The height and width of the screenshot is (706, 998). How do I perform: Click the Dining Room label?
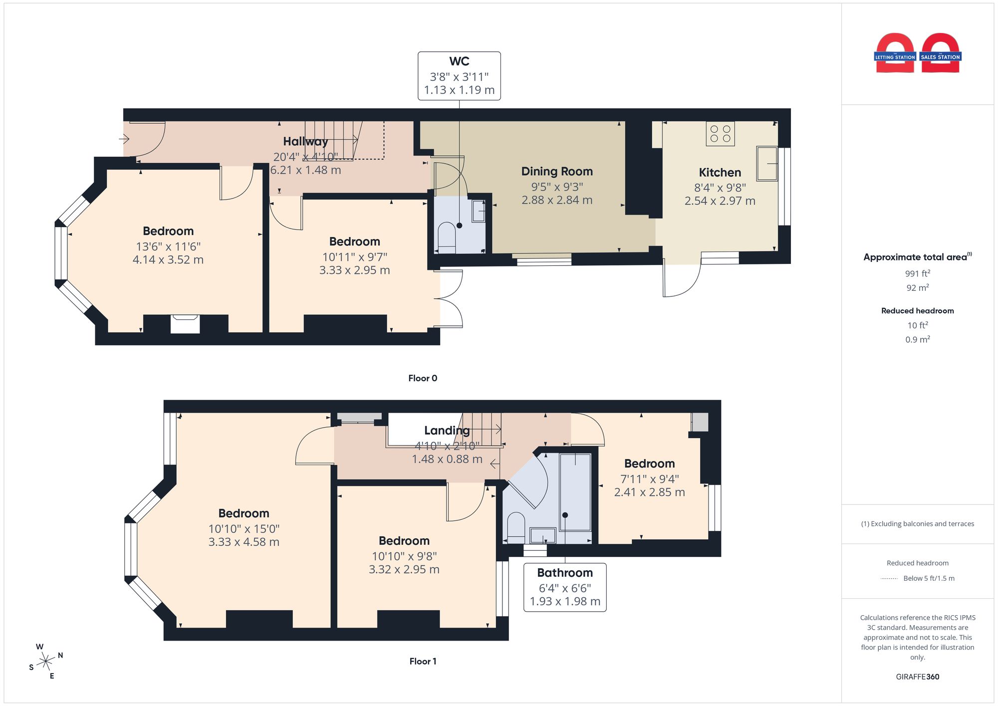coord(557,171)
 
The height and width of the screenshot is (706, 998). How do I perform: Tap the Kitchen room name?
coord(720,173)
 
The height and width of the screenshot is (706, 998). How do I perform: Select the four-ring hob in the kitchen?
coord(720,134)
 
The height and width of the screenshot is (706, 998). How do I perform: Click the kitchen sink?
coord(766,163)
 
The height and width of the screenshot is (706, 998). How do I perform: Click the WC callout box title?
coord(459,61)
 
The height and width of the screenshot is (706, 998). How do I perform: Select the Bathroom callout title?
coord(565,573)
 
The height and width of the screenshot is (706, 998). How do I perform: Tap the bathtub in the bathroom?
coord(575,491)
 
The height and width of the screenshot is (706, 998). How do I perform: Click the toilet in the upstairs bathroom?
coord(516,527)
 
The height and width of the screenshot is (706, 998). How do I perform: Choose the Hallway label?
coord(305,142)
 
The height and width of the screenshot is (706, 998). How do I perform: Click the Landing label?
coord(447,431)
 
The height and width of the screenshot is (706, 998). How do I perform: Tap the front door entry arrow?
coord(124,139)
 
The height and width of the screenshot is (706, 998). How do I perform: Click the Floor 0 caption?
coord(423,378)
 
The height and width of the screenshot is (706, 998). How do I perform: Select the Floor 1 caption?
coord(423,662)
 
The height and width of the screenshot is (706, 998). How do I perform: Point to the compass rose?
coord(46,662)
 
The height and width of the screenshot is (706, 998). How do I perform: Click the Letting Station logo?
coord(895,53)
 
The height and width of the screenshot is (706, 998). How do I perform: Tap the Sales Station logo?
coord(941,53)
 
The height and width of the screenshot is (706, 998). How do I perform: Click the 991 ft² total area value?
coord(918,273)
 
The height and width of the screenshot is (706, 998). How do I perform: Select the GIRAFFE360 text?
coord(918,677)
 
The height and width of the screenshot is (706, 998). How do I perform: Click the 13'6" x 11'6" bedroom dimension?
coord(168,246)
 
